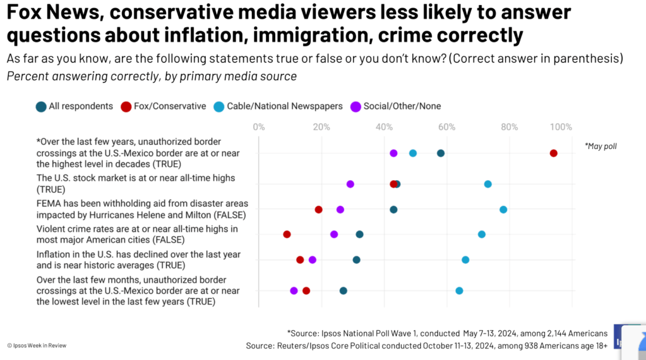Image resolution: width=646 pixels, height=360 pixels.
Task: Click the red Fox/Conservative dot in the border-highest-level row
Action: [x=553, y=153]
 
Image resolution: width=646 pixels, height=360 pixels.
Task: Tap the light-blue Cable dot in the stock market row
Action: [x=487, y=184]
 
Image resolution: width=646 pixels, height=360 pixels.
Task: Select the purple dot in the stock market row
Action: [x=350, y=184]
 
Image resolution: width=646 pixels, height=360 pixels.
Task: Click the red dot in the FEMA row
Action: [x=318, y=210]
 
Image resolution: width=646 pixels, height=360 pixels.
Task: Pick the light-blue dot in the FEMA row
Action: [x=503, y=210]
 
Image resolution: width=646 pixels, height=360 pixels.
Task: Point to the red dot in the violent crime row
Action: [x=287, y=234]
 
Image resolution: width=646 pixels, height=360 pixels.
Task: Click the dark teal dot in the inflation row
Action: [x=356, y=260]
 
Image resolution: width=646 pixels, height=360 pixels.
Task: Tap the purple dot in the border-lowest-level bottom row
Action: [x=294, y=291]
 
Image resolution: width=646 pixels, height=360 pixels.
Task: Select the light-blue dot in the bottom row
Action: [x=459, y=291]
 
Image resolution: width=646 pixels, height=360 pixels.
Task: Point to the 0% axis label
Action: [x=259, y=127]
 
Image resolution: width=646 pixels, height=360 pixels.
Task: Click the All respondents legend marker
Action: [x=40, y=106]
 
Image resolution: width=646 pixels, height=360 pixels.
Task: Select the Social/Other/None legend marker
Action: [x=356, y=106]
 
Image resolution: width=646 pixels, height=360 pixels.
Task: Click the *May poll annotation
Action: [x=601, y=147]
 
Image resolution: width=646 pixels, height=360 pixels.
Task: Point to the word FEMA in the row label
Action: [x=49, y=203]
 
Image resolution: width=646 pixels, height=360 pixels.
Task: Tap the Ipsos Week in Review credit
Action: [x=37, y=345]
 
